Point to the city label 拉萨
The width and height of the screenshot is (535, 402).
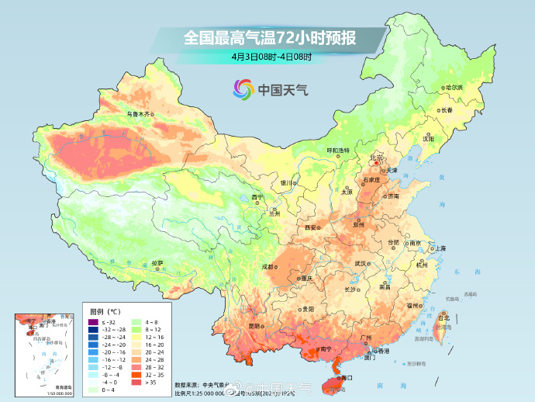[x=157, y=262]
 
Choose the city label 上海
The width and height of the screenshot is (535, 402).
[x=440, y=248]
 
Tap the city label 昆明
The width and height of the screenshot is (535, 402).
[x=255, y=326]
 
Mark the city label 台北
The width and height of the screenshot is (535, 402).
[x=444, y=317]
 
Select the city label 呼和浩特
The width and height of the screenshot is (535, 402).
[x=337, y=150]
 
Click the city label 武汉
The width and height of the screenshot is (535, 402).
[x=361, y=263]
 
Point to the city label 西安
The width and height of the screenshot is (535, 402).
[x=312, y=227]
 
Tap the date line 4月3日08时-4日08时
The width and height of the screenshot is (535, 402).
[x=271, y=57]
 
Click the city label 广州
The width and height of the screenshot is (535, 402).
[x=366, y=339]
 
